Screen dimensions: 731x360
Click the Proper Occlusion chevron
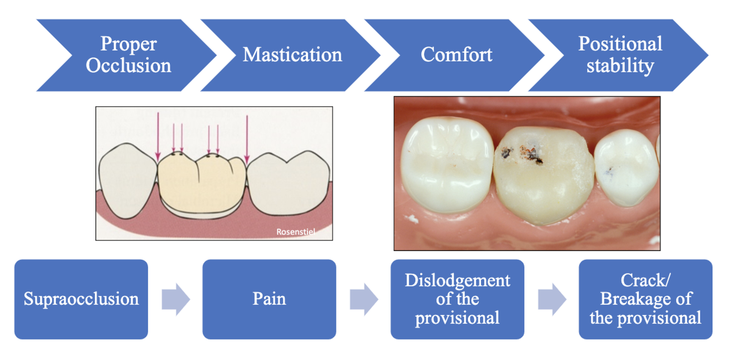point(128,55)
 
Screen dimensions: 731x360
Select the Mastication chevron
point(292,55)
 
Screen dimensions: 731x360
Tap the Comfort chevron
point(456,55)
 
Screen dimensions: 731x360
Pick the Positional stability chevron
point(620,55)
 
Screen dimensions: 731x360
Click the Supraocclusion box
point(81,299)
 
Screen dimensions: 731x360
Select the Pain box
point(269,299)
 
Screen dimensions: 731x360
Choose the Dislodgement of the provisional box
point(457,299)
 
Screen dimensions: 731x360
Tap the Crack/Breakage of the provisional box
point(646,299)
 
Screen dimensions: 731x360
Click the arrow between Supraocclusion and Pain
point(175,300)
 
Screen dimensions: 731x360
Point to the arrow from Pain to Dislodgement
point(364,300)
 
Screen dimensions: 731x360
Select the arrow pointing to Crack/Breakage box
point(552,300)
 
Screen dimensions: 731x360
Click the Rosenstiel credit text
point(296,232)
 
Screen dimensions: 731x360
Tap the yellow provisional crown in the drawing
point(200,181)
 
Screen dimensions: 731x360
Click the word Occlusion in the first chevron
point(128,66)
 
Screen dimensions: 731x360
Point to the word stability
point(620,66)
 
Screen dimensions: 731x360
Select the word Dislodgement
point(457,281)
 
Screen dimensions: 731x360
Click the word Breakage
point(646,299)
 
